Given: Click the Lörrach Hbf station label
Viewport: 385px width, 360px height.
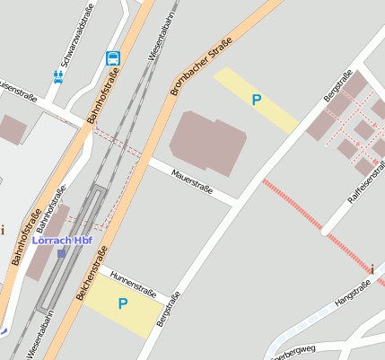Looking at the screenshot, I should tap(68, 241).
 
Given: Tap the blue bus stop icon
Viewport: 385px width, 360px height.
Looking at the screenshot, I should tap(113, 58).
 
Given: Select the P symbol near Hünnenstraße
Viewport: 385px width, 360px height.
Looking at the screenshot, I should tap(123, 304).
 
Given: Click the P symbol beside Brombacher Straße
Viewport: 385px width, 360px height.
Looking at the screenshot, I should tap(257, 101).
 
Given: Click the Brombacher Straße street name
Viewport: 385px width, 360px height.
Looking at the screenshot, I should tap(201, 66).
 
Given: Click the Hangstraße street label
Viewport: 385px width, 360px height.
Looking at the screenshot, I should tap(352, 295).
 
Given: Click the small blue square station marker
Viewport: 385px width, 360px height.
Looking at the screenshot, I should tap(61, 254).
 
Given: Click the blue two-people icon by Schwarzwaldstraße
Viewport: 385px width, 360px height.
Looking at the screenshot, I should tap(58, 77).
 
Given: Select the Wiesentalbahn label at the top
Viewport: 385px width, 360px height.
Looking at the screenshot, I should tap(164, 33).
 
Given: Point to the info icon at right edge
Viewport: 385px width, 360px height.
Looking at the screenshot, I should tap(372, 268).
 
